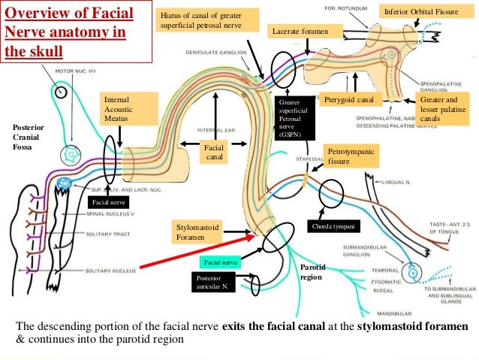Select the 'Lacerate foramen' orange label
306,31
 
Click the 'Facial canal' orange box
215,153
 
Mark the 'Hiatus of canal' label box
208,21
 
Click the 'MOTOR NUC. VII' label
79,73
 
